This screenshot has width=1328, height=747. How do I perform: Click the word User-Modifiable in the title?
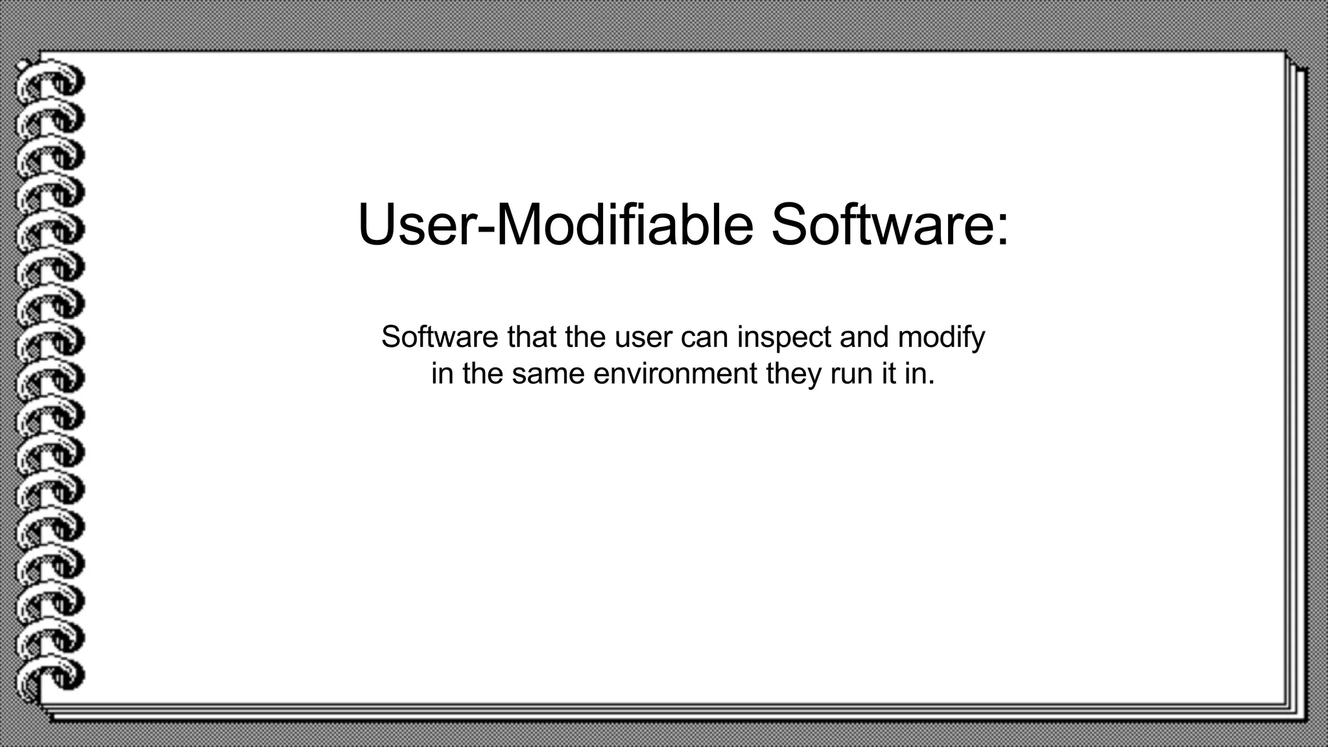pos(556,224)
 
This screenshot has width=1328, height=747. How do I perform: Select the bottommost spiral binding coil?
pos(51,678)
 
